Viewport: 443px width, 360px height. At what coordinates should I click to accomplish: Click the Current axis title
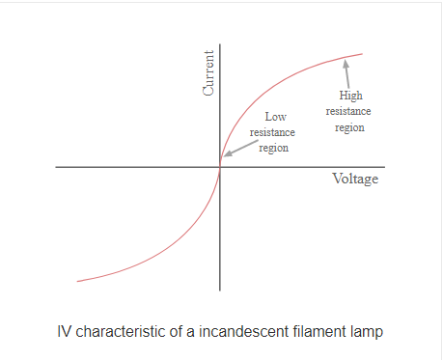[x=208, y=73]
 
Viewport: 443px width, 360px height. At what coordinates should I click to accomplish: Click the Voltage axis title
[x=355, y=180]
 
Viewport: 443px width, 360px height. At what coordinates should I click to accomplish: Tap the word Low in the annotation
[x=275, y=118]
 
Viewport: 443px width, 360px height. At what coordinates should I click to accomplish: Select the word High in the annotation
[x=351, y=96]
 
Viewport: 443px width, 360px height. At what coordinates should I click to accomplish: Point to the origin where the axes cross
[x=221, y=167]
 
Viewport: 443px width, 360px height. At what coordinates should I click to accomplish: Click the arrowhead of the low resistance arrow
[x=225, y=154]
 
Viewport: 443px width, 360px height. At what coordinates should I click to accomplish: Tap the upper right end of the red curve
[x=363, y=54]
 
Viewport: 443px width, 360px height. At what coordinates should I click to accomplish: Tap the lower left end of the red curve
[x=77, y=281]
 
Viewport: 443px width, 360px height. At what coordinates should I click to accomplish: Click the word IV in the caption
[x=66, y=332]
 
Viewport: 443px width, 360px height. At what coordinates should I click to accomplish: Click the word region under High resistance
[x=350, y=126]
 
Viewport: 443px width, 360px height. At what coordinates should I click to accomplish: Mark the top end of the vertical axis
[x=221, y=45]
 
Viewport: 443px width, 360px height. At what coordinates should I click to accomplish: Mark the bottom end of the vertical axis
[x=221, y=290]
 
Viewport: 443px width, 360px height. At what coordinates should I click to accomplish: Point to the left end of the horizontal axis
[x=57, y=167]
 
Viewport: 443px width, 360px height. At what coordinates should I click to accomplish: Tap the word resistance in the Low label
[x=273, y=133]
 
